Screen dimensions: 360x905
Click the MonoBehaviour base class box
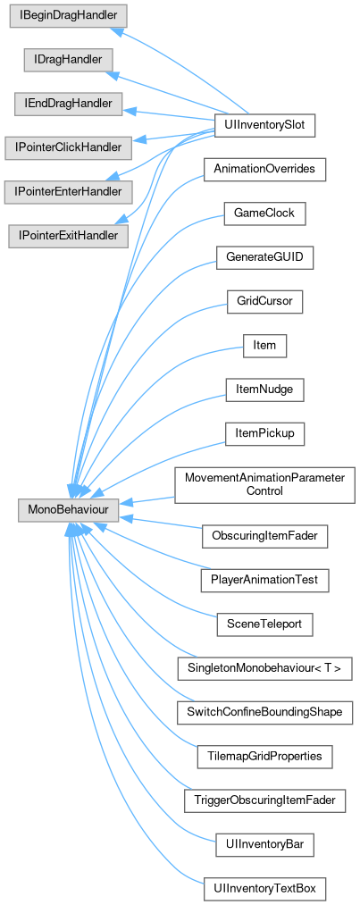click(68, 511)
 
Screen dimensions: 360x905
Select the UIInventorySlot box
click(264, 126)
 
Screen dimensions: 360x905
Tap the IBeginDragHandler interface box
click(68, 15)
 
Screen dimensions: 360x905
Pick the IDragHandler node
click(68, 60)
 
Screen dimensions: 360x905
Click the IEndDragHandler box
click(68, 104)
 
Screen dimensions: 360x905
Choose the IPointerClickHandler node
click(68, 147)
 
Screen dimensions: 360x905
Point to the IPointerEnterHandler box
click(68, 191)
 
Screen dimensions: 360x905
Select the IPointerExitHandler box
click(68, 236)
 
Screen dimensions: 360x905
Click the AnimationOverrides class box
click(264, 170)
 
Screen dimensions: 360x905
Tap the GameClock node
click(264, 214)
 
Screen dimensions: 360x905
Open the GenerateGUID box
click(264, 257)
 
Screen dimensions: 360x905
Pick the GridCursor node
click(264, 302)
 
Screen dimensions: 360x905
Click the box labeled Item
click(264, 346)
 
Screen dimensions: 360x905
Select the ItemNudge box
click(264, 390)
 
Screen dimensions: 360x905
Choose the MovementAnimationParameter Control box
click(264, 485)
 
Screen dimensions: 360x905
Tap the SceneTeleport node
click(264, 624)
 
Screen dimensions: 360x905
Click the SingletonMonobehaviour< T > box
click(264, 668)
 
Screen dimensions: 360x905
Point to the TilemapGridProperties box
click(264, 756)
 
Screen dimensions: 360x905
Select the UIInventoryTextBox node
click(264, 888)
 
